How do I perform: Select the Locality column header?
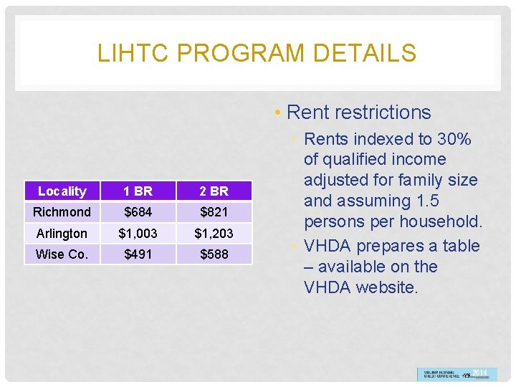[62, 191]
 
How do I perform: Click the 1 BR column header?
[138, 191]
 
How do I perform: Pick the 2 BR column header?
[214, 191]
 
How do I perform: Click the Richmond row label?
[62, 212]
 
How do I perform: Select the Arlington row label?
[62, 234]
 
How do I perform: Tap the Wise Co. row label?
[62, 254]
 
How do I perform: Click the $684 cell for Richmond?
[138, 212]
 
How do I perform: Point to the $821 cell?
[214, 212]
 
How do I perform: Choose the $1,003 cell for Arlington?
[138, 234]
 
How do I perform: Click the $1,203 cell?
[214, 234]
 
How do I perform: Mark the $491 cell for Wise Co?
[138, 254]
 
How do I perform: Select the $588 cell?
[214, 254]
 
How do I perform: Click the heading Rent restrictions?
[358, 113]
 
